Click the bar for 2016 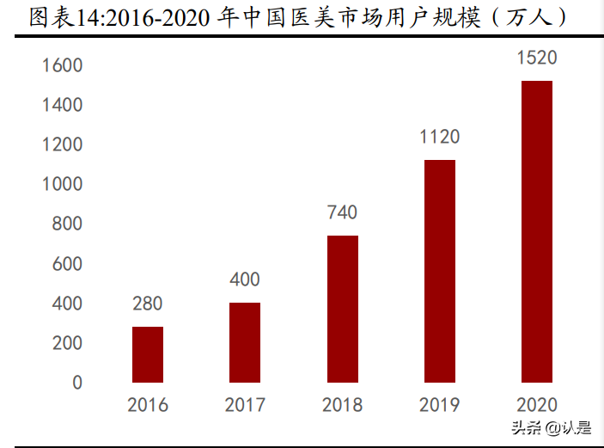point(148,354)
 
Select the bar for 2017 point(245,342)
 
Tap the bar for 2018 point(342,309)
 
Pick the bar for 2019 point(440,271)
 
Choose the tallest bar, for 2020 point(537,231)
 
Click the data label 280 point(148,304)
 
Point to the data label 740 point(342,212)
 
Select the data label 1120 point(440,137)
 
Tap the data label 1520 point(537,58)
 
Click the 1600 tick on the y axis point(63,65)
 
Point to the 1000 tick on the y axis point(63,184)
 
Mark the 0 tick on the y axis point(77,383)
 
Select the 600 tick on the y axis point(67,264)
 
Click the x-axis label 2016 point(148,405)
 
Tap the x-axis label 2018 point(342,405)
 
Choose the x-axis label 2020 point(537,405)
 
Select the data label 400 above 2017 point(245,279)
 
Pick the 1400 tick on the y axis point(63,105)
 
